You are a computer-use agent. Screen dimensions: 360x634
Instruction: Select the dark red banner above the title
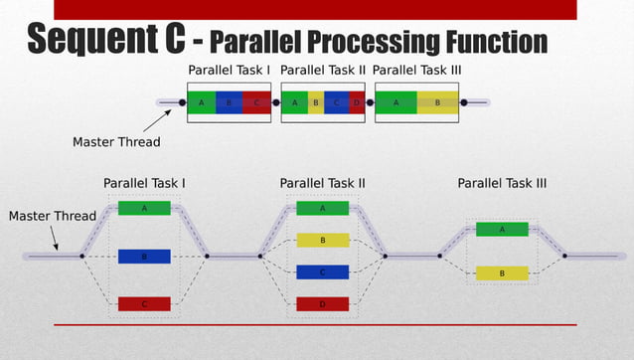[x=315, y=9]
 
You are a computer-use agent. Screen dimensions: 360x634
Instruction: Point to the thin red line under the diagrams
[x=315, y=325]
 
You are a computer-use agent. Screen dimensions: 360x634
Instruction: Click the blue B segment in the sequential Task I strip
[x=229, y=102]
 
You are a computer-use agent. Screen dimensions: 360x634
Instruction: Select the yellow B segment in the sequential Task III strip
[x=437, y=102]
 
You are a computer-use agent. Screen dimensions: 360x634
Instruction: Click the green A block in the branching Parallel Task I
[x=144, y=209]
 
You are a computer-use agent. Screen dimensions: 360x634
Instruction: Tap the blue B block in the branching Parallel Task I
[x=144, y=257]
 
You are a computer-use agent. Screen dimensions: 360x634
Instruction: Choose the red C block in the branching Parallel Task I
[x=144, y=304]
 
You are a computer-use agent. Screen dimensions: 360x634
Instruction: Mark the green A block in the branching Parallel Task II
[x=322, y=209]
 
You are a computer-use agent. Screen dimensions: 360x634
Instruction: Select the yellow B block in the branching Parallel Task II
[x=322, y=241]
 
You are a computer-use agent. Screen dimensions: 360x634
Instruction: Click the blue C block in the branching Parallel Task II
[x=322, y=272]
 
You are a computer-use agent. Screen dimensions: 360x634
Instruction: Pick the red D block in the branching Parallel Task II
[x=322, y=304]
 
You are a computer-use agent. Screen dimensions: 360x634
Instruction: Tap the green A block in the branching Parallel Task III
[x=502, y=230]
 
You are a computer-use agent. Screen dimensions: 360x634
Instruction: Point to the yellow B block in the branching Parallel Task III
[x=502, y=273]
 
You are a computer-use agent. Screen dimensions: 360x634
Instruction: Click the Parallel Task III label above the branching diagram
[x=502, y=184]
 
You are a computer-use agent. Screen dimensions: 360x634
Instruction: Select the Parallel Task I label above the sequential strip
[x=230, y=71]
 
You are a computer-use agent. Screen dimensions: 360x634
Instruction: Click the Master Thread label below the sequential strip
[x=116, y=142]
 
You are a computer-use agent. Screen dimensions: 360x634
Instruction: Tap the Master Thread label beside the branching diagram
[x=53, y=216]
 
